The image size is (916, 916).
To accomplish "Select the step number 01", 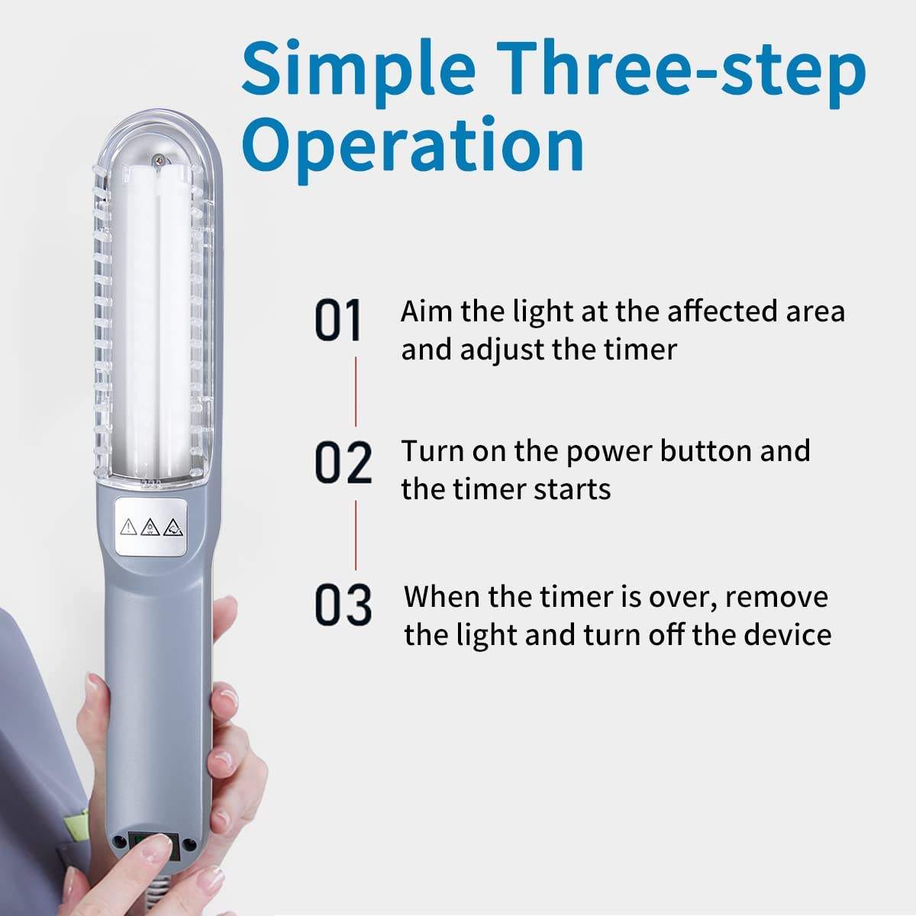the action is point(338,320).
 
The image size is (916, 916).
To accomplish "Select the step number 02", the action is point(343,463).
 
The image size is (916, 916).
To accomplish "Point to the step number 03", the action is point(343,605).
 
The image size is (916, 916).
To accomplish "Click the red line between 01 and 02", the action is point(356,392).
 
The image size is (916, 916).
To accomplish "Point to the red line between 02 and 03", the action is point(356,535).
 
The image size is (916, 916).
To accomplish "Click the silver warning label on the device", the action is point(150,527).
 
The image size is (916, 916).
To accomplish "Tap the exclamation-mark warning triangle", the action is point(129,527).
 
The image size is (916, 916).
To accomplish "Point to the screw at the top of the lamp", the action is point(158,161).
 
